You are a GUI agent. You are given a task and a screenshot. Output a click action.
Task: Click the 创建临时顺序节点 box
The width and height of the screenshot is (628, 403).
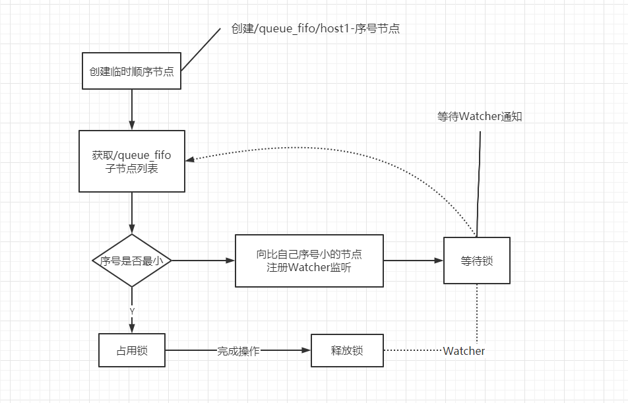[x=131, y=71]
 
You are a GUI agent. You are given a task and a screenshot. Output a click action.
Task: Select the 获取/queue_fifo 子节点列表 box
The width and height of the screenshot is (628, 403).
[x=132, y=161]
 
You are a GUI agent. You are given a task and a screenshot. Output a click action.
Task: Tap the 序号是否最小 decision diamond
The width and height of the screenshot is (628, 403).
[x=132, y=261]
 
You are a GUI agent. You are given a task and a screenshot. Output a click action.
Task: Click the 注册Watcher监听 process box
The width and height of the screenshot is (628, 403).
[x=309, y=261]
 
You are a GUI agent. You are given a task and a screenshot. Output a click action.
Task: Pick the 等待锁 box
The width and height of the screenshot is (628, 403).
[x=476, y=261]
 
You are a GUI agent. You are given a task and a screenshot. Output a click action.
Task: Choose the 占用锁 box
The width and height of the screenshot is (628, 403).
[x=132, y=350]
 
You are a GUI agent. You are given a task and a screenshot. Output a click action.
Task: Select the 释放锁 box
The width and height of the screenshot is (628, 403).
[x=347, y=350]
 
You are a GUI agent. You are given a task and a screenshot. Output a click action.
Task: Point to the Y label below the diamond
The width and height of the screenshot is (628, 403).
[x=132, y=311]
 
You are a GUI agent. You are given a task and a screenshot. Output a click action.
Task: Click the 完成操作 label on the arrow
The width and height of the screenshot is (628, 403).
[x=238, y=351]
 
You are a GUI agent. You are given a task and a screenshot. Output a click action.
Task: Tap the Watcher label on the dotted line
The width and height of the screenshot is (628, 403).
[x=464, y=351]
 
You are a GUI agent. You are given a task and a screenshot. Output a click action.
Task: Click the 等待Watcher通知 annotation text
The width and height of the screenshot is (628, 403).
[x=480, y=117]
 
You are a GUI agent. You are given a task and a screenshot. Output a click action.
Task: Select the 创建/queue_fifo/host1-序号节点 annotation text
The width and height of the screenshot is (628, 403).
[x=315, y=28]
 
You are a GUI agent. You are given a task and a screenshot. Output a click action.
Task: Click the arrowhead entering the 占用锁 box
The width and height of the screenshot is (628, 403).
[x=132, y=328]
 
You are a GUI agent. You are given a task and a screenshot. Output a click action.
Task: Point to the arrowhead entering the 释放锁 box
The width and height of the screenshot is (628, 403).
[x=306, y=350]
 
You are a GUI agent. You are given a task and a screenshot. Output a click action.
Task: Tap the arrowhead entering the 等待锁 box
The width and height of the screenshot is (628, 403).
[x=439, y=261]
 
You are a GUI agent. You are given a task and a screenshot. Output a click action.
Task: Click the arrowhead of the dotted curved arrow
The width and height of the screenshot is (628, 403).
[x=190, y=160]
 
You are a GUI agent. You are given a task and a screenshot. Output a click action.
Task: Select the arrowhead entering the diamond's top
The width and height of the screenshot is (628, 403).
[x=132, y=229]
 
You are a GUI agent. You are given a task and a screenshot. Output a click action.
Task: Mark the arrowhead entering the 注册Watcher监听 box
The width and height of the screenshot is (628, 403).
[x=230, y=261]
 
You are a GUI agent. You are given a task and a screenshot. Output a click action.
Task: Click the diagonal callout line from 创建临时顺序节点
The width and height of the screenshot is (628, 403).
[x=201, y=49]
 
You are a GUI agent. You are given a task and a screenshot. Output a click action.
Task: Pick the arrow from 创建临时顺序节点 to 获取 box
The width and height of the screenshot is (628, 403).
[x=132, y=109]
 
